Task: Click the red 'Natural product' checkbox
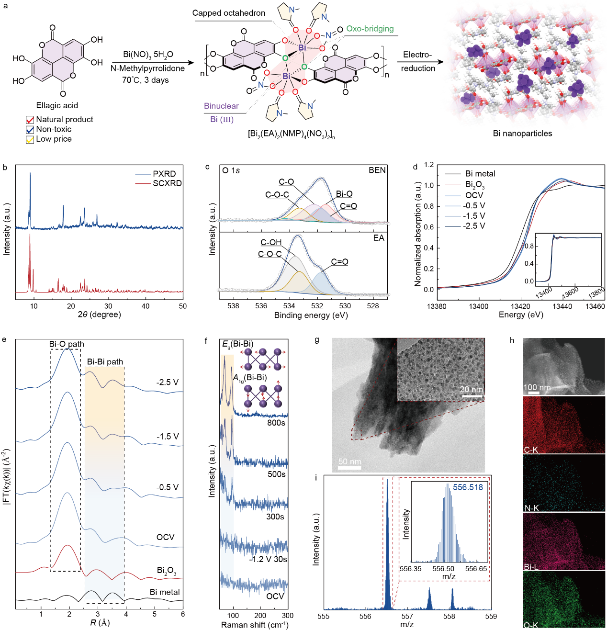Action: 30,120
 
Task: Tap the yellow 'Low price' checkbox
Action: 30,139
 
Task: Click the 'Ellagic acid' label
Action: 57,105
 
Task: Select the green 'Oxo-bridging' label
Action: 370,29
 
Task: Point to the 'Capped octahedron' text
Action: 229,13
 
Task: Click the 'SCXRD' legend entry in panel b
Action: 167,183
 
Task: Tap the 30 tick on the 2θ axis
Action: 108,306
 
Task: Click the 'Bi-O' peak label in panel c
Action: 344,194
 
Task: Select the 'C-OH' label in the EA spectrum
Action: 271,243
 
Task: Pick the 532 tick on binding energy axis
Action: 317,306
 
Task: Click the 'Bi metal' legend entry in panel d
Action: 480,174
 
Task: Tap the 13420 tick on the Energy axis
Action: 520,306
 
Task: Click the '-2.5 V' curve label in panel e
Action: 167,382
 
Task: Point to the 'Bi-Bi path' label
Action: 105,362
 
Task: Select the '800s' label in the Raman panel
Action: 276,423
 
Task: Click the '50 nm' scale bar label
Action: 349,462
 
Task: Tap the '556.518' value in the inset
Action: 468,487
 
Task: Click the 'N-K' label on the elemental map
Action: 531,508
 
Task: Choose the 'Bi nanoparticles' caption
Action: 522,134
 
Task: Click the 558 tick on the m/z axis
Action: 449,617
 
